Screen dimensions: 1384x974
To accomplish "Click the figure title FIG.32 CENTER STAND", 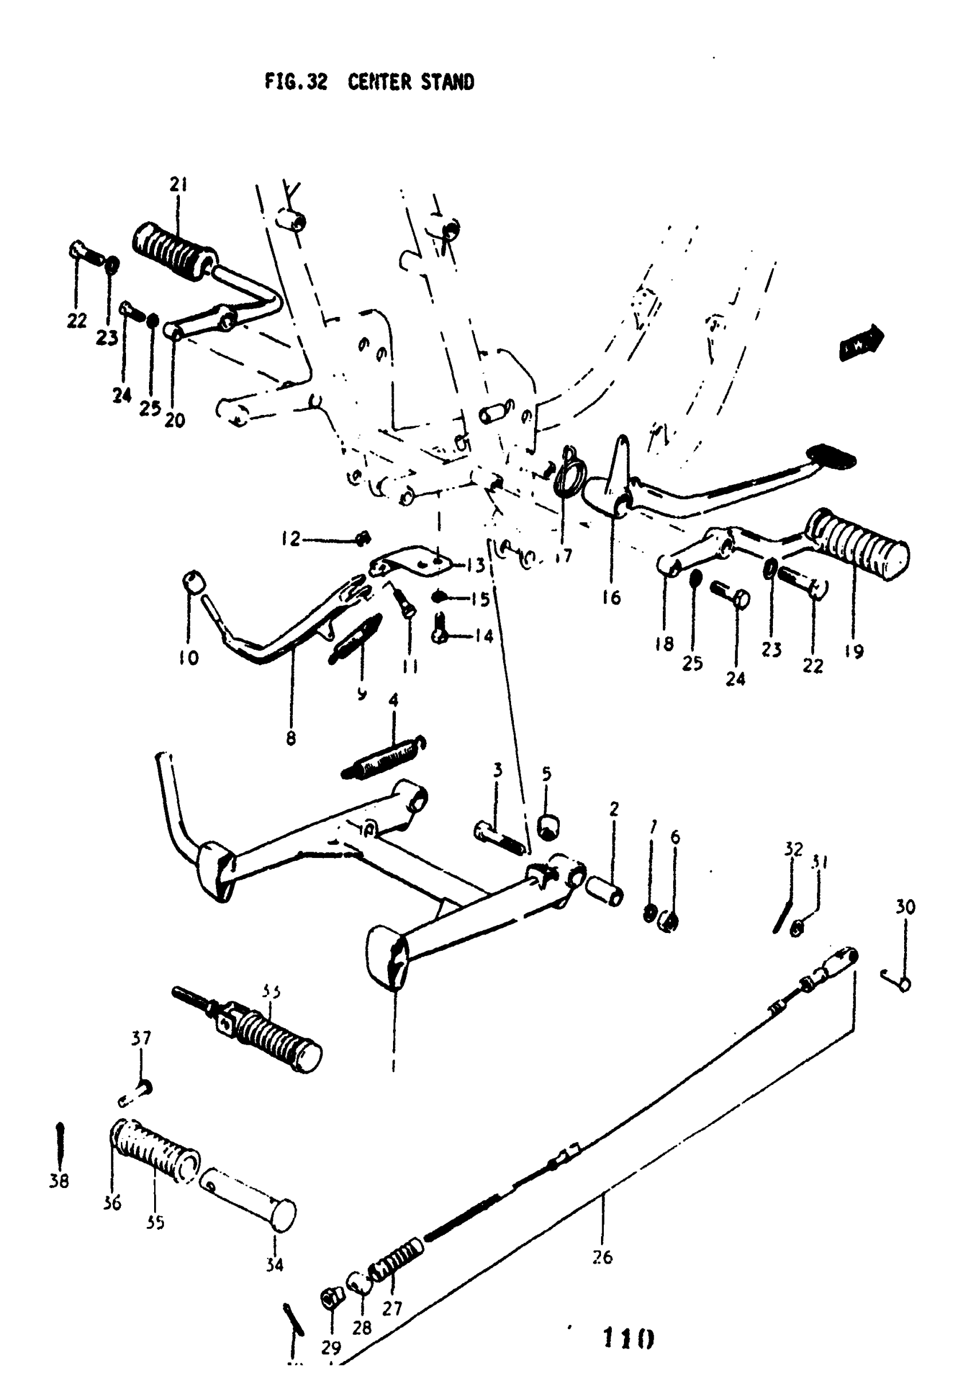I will (x=369, y=82).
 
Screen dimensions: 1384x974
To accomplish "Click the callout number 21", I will (x=178, y=185).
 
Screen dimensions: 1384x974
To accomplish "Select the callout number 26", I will (x=602, y=1257).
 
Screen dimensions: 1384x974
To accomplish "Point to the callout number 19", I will (x=854, y=652).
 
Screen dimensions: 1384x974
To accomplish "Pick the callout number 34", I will (x=274, y=1265).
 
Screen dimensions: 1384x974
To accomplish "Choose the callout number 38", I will (x=59, y=1182).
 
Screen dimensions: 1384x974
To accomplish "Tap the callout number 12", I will (x=291, y=538).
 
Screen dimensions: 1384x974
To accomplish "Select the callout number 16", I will (x=611, y=597).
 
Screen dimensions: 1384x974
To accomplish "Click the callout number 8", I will (x=291, y=738).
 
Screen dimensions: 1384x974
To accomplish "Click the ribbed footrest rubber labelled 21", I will (x=174, y=248).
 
